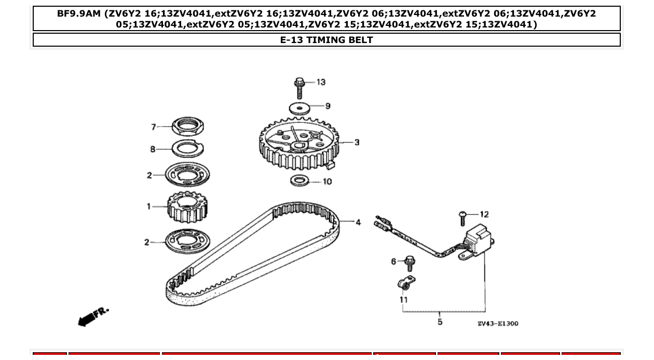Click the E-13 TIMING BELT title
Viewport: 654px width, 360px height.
pos(326,40)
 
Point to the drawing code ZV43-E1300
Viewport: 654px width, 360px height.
pos(497,324)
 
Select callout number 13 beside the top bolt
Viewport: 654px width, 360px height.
pos(321,82)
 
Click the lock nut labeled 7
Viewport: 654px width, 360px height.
pos(187,126)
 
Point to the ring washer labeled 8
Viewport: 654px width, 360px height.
pos(187,148)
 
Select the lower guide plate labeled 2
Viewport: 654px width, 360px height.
pos(187,242)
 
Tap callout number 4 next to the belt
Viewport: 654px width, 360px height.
pos(358,222)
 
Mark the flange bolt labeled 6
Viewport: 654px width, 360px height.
pos(409,263)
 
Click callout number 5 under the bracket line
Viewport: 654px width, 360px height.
pos(440,322)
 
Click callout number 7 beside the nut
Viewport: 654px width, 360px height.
pos(154,127)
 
